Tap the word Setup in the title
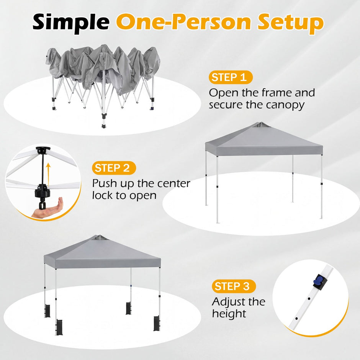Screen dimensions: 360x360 pyautogui.click(x=290, y=23)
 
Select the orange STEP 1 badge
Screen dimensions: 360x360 pyautogui.click(x=231, y=77)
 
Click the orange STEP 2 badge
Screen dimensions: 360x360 pyautogui.click(x=114, y=168)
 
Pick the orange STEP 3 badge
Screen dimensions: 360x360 pyautogui.click(x=234, y=286)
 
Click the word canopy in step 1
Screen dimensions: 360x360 pyautogui.click(x=285, y=105)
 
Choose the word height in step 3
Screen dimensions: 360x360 pyautogui.click(x=229, y=313)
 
